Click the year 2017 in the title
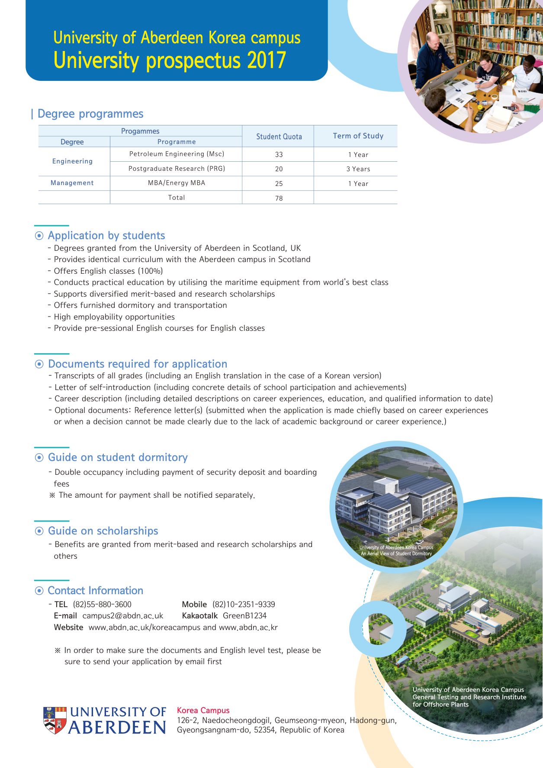coord(267,61)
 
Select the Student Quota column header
coord(279,137)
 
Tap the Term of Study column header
coord(358,136)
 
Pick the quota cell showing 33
coord(279,154)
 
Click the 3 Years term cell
coord(358,169)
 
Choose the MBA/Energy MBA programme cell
coord(176,183)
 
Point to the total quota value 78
coord(279,198)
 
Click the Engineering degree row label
coord(72,161)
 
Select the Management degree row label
coord(72,183)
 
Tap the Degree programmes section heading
coord(90,114)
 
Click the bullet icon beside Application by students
coord(39,236)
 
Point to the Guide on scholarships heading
coord(103,531)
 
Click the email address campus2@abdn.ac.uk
coord(122,616)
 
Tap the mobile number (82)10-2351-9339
coord(244,605)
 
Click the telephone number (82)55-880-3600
coord(102,605)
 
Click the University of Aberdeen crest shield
coord(55,720)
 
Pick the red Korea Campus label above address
coord(203,710)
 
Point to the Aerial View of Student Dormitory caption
coord(396,554)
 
